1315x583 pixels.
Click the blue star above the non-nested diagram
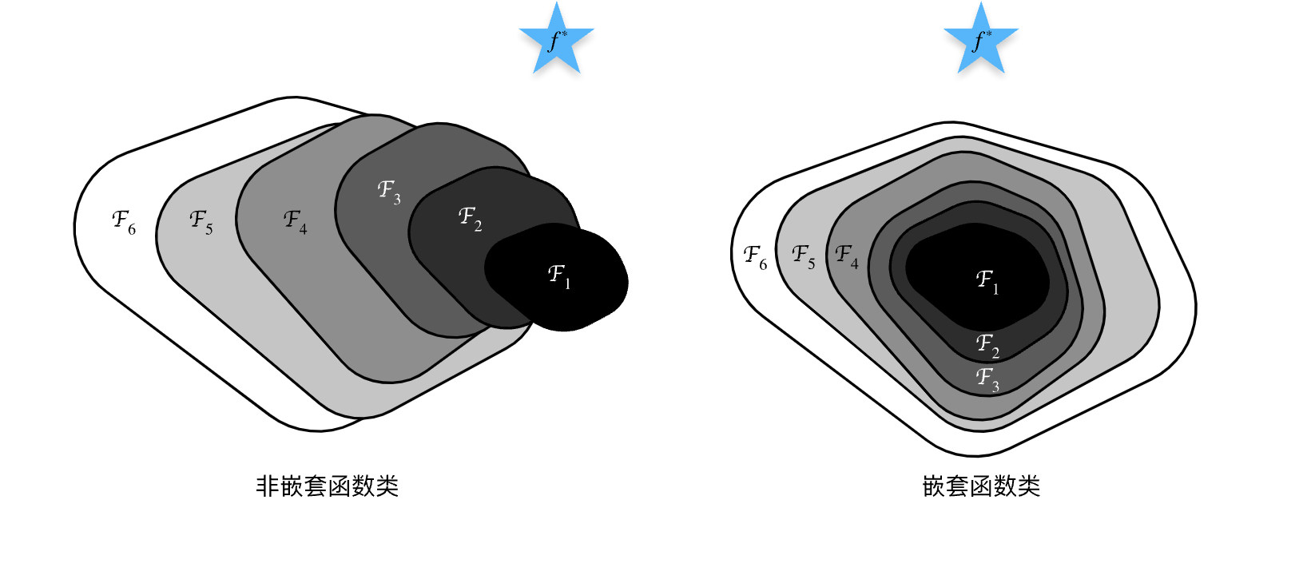pos(557,40)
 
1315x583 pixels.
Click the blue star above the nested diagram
pos(981,40)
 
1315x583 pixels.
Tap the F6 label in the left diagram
pos(124,223)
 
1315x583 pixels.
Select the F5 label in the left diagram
pos(201,223)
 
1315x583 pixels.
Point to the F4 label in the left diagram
pos(296,223)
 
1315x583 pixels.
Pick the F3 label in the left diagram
pos(389,192)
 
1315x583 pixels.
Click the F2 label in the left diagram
pos(471,219)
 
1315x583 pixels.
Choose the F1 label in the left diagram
pos(559,276)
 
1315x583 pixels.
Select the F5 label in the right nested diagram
pos(804,257)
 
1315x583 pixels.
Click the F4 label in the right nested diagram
pos(847,257)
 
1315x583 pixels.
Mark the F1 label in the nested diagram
pos(987,283)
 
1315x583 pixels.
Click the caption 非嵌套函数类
pos(328,486)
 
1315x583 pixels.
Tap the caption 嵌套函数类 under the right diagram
pos(981,486)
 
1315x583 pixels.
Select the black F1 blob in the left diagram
pos(557,277)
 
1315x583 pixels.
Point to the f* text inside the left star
pos(557,41)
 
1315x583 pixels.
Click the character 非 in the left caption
pos(267,486)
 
